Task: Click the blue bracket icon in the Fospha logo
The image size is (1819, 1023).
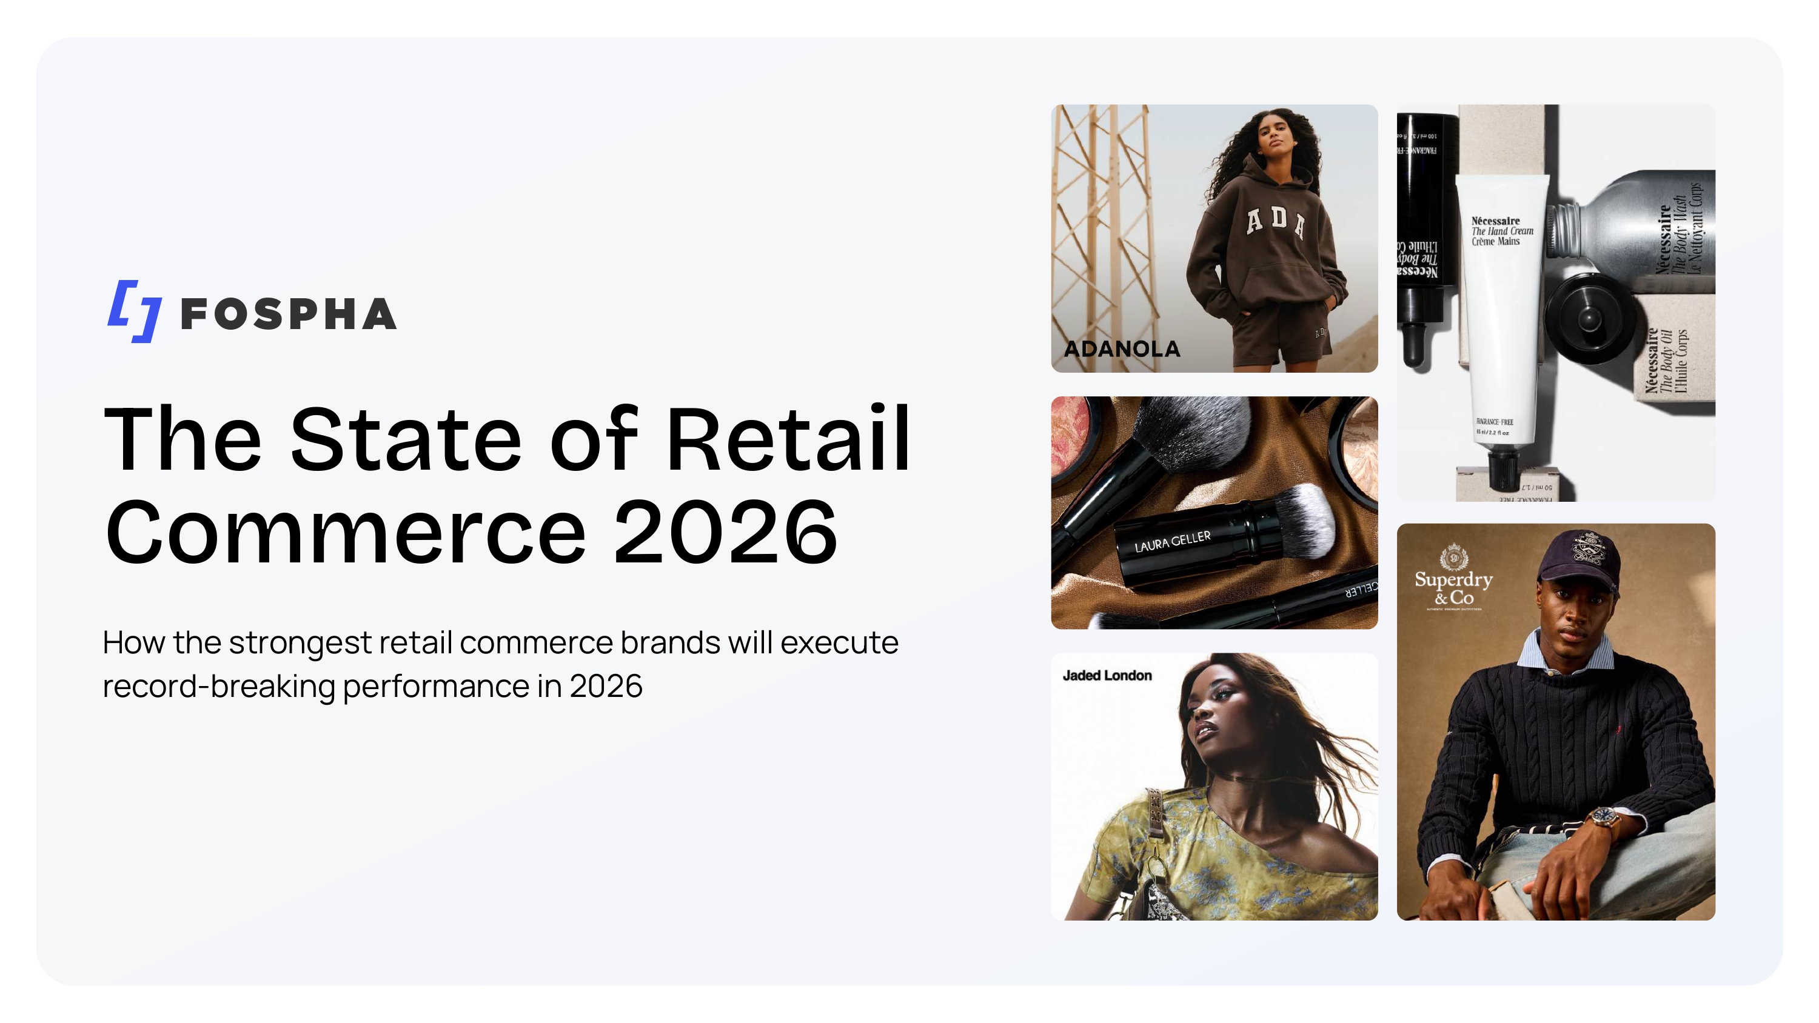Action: [x=133, y=311]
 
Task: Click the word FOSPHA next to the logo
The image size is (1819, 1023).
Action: [x=288, y=314]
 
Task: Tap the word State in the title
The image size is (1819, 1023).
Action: [x=405, y=439]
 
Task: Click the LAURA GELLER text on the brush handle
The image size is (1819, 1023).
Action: [x=1172, y=542]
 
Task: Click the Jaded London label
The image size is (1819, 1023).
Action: [x=1107, y=676]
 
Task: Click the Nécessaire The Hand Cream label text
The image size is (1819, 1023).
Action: [x=1501, y=231]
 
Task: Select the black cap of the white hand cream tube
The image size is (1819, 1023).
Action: [x=1504, y=470]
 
